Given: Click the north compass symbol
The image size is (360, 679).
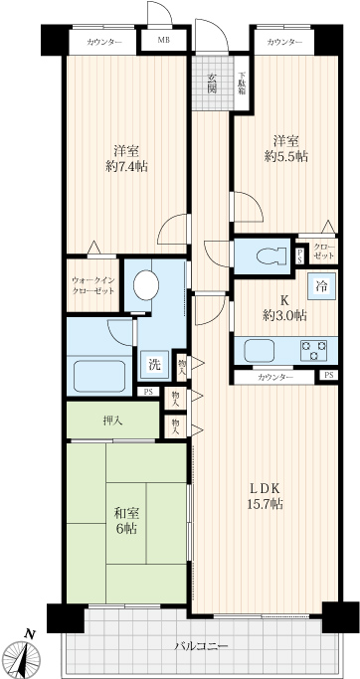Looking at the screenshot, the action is point(26,653).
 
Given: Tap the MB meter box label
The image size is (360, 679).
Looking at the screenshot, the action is point(164,42).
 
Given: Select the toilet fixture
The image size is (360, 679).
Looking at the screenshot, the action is point(271,255).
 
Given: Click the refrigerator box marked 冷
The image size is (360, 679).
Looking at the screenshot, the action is point(322,285).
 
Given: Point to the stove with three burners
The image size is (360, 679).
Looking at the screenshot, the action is point(314,350).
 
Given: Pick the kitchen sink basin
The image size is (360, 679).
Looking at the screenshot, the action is point(260,350).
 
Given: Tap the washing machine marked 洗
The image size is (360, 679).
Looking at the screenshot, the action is point(155,365).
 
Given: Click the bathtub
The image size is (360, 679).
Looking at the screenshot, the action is point(99,376).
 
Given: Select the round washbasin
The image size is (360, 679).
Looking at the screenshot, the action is point(146,285).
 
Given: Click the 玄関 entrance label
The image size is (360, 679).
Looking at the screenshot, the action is point(212,84).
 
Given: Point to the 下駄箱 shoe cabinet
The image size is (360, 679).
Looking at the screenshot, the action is point(242,84).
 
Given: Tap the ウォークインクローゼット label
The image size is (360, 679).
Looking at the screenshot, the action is point(93,286).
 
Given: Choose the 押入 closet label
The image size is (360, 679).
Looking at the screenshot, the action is point(112,421).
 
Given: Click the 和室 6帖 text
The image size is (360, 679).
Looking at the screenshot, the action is point(126,521).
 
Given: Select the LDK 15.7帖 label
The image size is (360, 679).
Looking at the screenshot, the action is point(266,495).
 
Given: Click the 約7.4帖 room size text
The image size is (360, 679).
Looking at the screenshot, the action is point(126,165).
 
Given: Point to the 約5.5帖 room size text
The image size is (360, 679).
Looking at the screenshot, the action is point(286,155).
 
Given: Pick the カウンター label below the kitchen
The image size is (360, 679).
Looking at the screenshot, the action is point(275,377).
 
